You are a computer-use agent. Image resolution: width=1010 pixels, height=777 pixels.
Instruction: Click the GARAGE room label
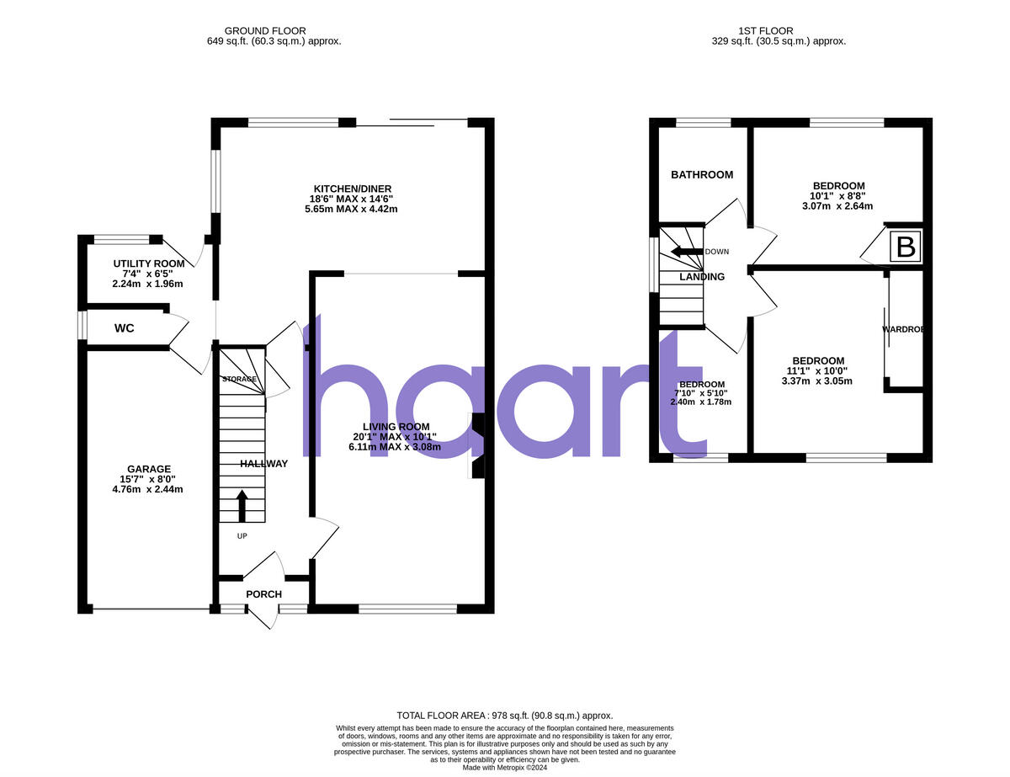tap(149, 469)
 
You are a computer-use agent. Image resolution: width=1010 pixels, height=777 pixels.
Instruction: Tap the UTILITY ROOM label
tap(149, 263)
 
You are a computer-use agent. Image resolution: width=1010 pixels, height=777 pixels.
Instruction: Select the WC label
tap(125, 327)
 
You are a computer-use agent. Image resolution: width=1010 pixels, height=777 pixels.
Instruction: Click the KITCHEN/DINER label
tap(353, 189)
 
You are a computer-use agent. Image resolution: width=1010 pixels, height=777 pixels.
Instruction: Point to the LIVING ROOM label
tap(396, 426)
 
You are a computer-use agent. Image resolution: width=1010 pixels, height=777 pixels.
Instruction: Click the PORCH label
tap(263, 594)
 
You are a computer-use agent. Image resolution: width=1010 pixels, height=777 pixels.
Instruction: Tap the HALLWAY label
tap(263, 464)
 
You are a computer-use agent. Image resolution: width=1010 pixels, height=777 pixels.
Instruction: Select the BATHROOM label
tap(702, 175)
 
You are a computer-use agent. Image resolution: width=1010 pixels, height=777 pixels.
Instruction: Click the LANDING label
tap(702, 277)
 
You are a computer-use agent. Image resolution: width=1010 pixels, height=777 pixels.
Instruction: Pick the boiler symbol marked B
tap(906, 248)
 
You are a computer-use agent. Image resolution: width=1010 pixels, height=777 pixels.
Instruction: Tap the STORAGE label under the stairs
tap(239, 380)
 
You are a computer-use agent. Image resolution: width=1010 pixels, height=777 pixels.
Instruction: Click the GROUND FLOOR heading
tap(265, 31)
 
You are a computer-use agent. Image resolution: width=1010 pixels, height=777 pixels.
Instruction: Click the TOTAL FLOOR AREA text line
tap(505, 716)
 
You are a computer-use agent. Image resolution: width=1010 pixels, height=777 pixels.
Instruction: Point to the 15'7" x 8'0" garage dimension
tap(149, 479)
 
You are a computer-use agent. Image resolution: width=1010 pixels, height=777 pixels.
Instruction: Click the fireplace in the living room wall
tap(477, 446)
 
